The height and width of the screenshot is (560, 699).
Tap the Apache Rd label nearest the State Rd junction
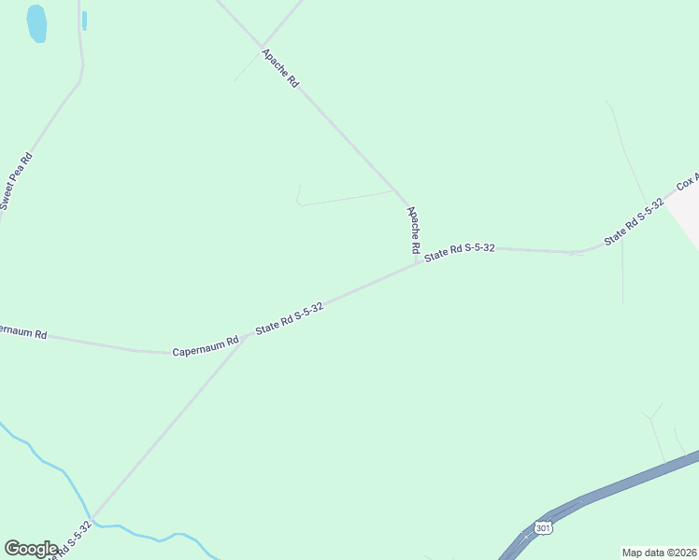pyautogui.click(x=411, y=231)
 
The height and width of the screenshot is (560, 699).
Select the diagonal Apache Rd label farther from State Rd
pyautogui.click(x=280, y=68)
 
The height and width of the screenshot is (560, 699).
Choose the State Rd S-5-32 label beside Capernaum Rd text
pyautogui.click(x=290, y=319)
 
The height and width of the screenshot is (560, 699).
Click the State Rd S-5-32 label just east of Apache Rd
pyautogui.click(x=459, y=252)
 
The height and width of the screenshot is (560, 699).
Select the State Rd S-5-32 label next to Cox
pyautogui.click(x=634, y=221)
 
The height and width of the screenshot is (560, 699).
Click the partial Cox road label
pyautogui.click(x=688, y=179)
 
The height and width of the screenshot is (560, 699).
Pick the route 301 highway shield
pyautogui.click(x=544, y=528)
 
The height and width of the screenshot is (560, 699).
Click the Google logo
pyautogui.click(x=31, y=549)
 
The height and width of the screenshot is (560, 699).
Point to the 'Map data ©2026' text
pyautogui.click(x=659, y=552)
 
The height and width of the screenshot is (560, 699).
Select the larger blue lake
pyautogui.click(x=36, y=23)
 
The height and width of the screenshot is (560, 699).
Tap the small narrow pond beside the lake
pyautogui.click(x=84, y=21)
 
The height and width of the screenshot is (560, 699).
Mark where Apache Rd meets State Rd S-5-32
pyautogui.click(x=417, y=262)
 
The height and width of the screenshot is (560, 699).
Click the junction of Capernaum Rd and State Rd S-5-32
pyautogui.click(x=240, y=340)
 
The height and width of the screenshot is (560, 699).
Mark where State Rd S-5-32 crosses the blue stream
pyautogui.click(x=92, y=521)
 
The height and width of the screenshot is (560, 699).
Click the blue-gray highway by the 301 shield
pyautogui.click(x=617, y=487)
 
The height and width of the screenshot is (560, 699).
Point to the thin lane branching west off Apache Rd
pyautogui.click(x=346, y=198)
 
